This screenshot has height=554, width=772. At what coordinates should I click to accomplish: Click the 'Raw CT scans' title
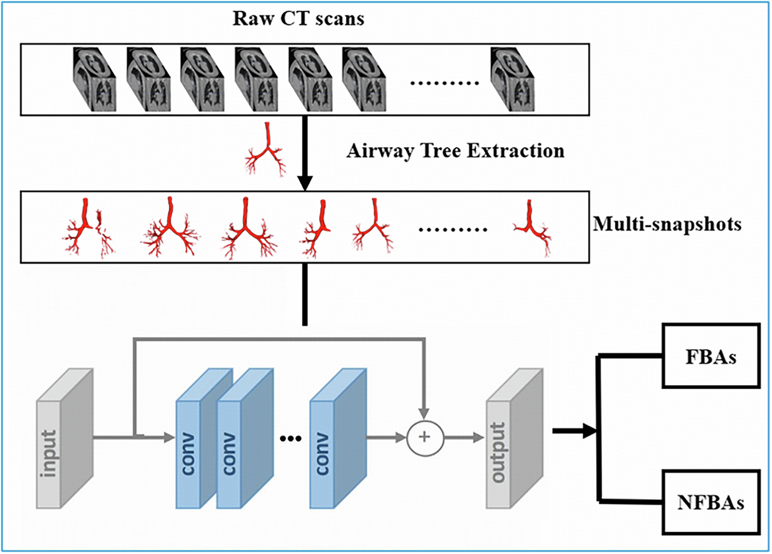pyautogui.click(x=298, y=18)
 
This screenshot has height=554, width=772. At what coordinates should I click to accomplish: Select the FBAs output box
pyautogui.click(x=711, y=356)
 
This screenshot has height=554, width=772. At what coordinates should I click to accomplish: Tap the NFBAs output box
pyautogui.click(x=711, y=502)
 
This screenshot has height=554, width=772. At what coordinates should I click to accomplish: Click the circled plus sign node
pyautogui.click(x=425, y=437)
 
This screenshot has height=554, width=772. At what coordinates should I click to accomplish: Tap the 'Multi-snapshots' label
pyautogui.click(x=667, y=224)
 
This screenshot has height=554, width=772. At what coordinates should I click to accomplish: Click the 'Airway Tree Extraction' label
pyautogui.click(x=455, y=151)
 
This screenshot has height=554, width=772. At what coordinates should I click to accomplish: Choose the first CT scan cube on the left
pyautogui.click(x=94, y=79)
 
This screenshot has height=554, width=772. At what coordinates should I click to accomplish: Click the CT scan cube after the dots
pyautogui.click(x=512, y=79)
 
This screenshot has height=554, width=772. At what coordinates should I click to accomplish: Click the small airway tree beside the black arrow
pyautogui.click(x=266, y=150)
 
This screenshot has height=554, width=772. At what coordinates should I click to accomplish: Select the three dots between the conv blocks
pyautogui.click(x=291, y=438)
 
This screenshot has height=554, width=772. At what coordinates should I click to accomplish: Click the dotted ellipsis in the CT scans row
pyautogui.click(x=445, y=83)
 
